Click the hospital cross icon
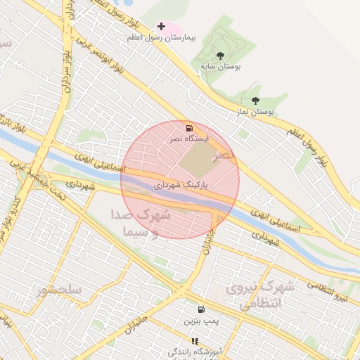(162, 27)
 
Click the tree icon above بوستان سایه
(220, 55)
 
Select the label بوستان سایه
(220, 65)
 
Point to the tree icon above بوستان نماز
(255, 101)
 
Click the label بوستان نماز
(255, 112)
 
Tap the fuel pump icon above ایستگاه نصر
(189, 128)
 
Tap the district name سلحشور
(61, 289)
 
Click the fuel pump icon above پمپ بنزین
(202, 309)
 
